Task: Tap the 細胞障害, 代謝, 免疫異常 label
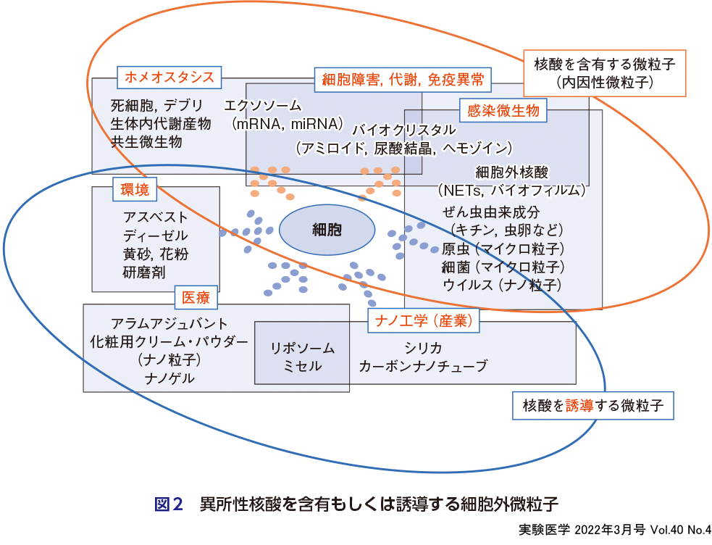pos(403,79)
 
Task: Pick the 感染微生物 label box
pos(503,112)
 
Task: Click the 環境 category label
pos(135,191)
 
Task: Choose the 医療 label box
pos(196,297)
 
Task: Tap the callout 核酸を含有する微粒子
pos(604,73)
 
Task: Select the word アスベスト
pos(155,217)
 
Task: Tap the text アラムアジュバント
pos(169,323)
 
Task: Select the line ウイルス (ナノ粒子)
pos(502,285)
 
